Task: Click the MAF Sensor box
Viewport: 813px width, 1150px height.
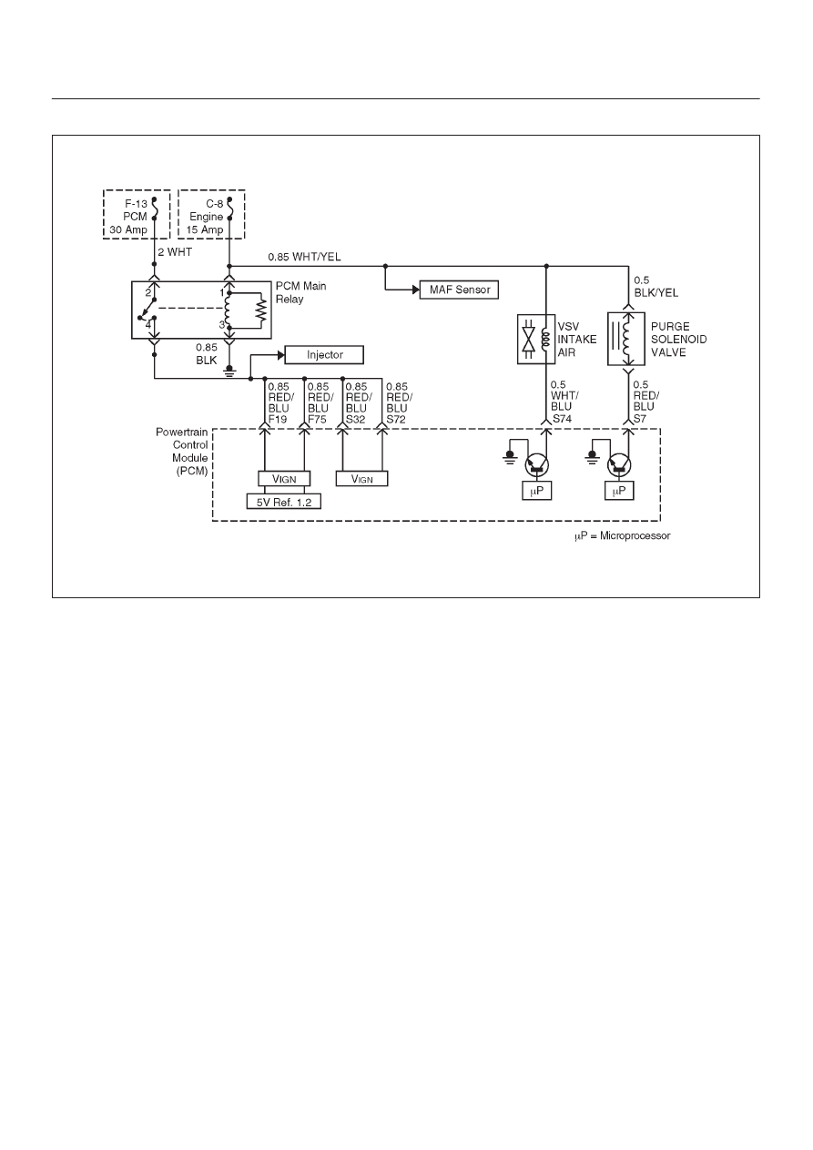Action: click(x=459, y=290)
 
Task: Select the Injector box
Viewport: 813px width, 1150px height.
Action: click(x=324, y=355)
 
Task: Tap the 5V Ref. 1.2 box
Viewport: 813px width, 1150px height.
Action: click(x=284, y=502)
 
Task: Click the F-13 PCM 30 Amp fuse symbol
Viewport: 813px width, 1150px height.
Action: click(x=154, y=208)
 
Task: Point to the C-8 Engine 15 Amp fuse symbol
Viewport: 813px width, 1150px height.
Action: click(x=229, y=208)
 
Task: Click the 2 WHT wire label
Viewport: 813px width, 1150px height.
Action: click(x=175, y=252)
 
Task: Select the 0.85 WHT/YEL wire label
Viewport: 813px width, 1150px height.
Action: click(x=304, y=257)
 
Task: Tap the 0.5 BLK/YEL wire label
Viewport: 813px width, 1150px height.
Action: click(x=655, y=287)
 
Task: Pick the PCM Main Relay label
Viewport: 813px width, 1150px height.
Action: click(x=300, y=292)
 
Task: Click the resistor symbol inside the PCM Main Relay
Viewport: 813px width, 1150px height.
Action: click(x=262, y=310)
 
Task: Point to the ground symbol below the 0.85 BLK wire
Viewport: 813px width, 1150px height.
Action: click(x=229, y=371)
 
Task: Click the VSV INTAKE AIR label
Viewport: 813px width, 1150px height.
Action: click(x=577, y=340)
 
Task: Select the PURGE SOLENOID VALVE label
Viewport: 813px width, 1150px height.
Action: click(x=678, y=340)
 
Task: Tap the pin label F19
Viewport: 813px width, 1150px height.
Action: click(x=278, y=420)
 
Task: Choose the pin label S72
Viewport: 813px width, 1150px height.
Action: click(x=396, y=420)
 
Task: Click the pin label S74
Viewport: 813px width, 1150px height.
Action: click(x=562, y=419)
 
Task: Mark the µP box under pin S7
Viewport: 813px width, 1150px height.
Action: click(x=619, y=491)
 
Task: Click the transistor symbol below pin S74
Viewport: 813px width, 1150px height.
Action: click(x=537, y=465)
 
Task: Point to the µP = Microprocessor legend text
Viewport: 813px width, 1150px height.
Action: click(x=622, y=536)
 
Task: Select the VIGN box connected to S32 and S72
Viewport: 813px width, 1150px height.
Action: click(x=361, y=478)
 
